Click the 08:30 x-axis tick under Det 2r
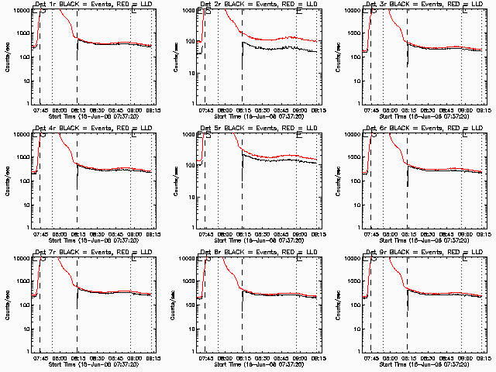pos(263,109)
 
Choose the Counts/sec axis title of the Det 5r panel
pos(177,180)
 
